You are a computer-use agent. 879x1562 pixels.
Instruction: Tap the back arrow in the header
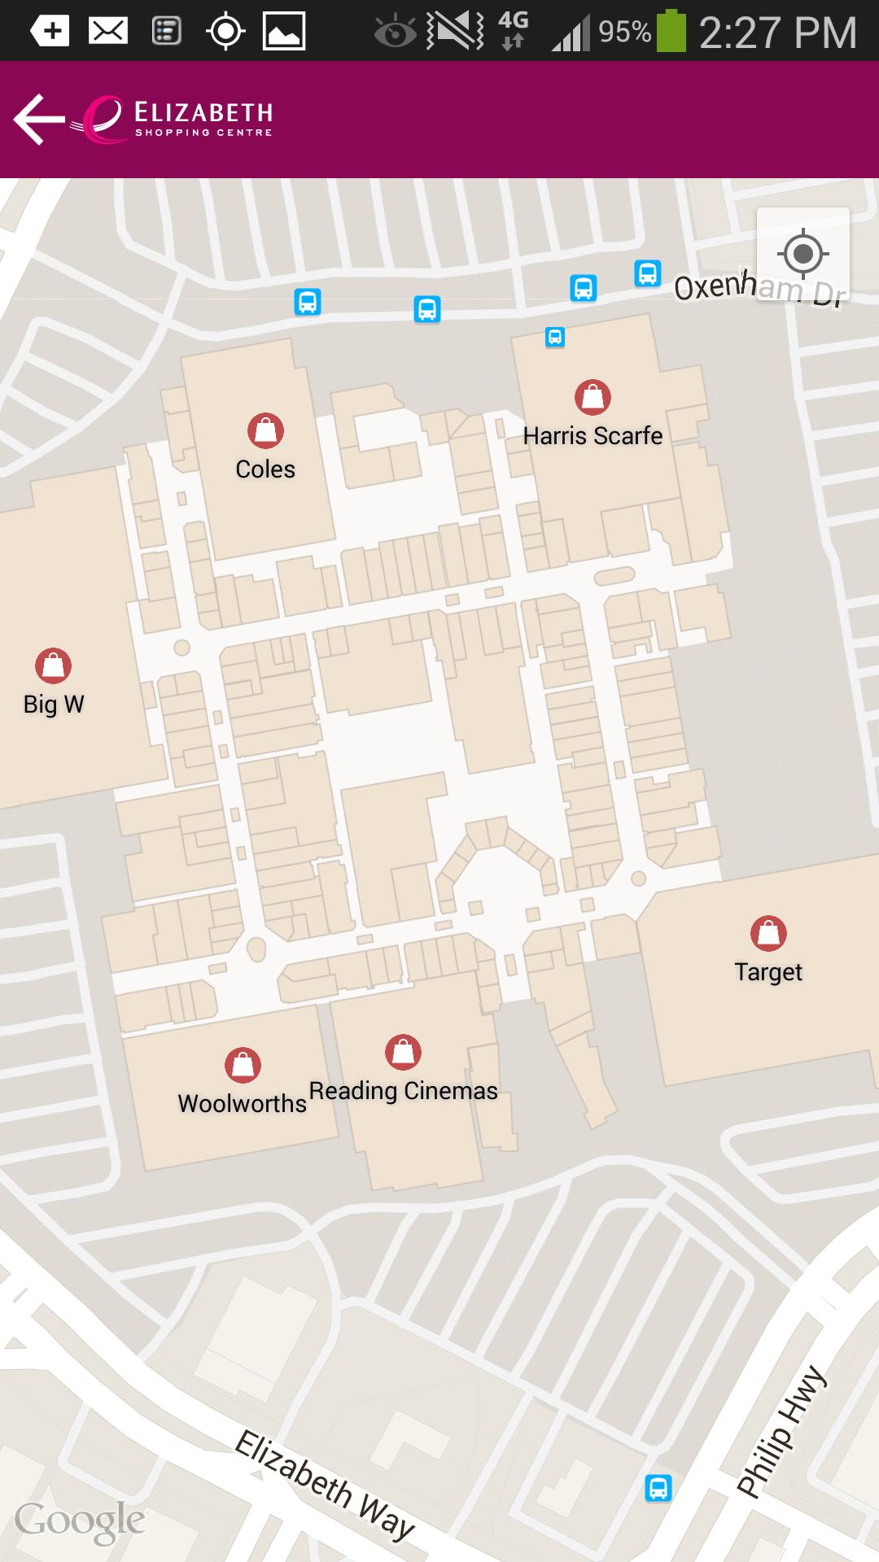tap(38, 120)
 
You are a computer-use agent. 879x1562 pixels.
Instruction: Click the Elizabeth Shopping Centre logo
tap(179, 120)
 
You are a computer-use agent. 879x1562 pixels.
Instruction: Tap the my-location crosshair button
tap(802, 254)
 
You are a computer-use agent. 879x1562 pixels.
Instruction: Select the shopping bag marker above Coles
tap(265, 430)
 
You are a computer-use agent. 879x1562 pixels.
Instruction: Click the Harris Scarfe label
tap(593, 436)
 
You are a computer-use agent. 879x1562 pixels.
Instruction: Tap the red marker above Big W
tap(53, 665)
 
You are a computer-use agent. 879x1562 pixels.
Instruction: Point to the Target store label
tap(767, 972)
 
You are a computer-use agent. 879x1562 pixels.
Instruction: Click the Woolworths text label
tap(242, 1104)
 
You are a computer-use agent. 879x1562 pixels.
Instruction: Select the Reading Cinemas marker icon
tap(403, 1051)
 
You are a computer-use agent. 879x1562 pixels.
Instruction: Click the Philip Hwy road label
tap(781, 1432)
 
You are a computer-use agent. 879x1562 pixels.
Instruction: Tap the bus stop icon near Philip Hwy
tap(658, 1488)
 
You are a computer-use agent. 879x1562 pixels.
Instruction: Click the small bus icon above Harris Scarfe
tap(554, 337)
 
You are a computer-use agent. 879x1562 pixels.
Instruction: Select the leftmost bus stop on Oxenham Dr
tap(308, 302)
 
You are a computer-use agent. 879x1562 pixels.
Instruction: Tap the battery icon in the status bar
tap(671, 31)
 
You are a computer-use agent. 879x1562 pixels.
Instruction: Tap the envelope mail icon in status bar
tap(108, 32)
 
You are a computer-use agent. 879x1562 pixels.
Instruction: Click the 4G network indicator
tap(513, 30)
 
